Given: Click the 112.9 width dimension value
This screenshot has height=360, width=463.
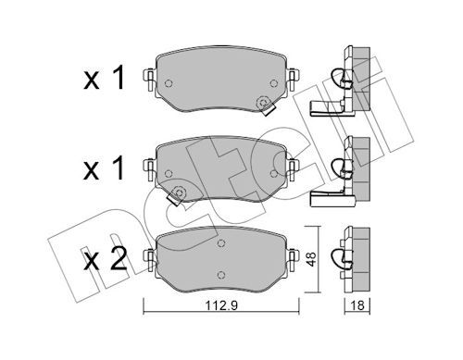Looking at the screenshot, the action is point(221,305).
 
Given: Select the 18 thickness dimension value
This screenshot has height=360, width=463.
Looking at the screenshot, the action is point(357,305).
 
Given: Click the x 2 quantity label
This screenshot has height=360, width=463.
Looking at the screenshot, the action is point(106,259).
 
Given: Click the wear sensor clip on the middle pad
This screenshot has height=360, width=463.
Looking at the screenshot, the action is point(177,195).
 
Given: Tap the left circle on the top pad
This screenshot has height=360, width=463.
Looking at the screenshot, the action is point(169,83).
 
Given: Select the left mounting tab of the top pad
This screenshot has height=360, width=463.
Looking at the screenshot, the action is point(150,79).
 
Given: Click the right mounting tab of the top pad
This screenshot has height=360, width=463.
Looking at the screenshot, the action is point(293,79).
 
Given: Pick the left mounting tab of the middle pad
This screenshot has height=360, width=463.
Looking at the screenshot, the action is point(150,169).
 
